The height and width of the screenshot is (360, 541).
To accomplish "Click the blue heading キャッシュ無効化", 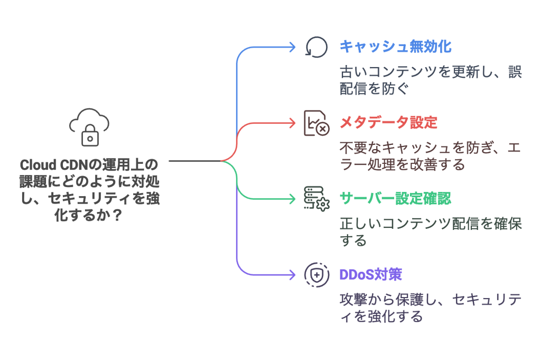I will click(x=395, y=47).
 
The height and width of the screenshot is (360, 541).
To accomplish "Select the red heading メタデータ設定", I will click(x=388, y=123).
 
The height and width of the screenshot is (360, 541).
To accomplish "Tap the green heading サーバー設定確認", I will click(x=395, y=199).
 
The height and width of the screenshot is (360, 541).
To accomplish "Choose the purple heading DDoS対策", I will click(x=370, y=274).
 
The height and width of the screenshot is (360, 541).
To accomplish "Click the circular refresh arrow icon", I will click(x=316, y=47).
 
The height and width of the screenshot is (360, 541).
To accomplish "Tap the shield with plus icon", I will click(x=316, y=275).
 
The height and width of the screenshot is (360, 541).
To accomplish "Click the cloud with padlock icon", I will click(x=89, y=127).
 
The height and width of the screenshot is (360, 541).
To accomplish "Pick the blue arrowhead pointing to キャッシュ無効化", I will click(x=292, y=47).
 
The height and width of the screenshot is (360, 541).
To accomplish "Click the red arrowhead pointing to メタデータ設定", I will click(x=292, y=123).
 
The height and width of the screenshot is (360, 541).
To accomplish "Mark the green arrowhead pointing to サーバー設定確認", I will click(x=292, y=199).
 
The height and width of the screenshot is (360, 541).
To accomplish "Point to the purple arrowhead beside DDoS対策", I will click(x=292, y=275).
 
